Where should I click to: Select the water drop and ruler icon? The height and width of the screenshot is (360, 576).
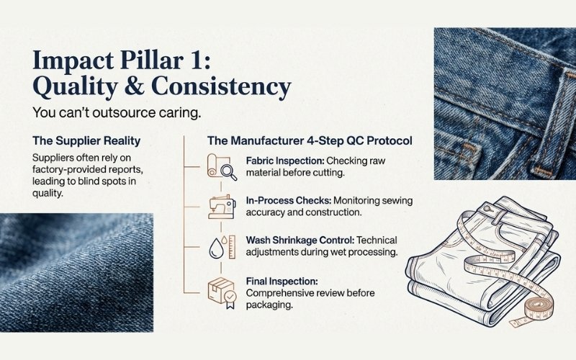[222, 248]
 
